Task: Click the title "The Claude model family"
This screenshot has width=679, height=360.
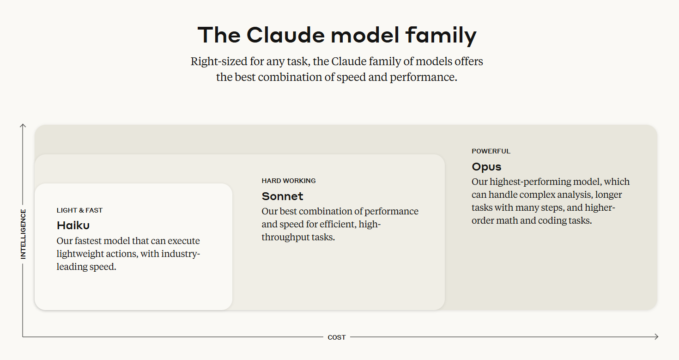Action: coord(337,36)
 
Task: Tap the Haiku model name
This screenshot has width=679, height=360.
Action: coord(73,226)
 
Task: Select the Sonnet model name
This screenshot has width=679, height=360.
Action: coord(282,196)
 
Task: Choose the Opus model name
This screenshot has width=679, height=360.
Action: coord(486,167)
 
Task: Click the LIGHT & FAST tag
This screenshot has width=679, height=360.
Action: coord(79,210)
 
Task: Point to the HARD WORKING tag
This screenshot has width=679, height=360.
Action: coord(289,181)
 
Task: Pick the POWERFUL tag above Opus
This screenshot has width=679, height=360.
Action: coord(491,151)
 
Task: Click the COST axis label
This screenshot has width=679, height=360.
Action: coord(337,337)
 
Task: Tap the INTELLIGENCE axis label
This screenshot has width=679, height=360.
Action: coord(24,234)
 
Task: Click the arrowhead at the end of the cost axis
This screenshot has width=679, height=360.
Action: coord(656,336)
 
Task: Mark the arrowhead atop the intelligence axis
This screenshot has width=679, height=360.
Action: coord(23,125)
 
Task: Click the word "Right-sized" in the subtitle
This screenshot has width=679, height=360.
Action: coord(219,61)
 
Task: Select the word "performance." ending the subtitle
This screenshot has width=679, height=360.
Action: coord(424,77)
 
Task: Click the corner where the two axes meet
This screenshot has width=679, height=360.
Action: coord(23,336)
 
